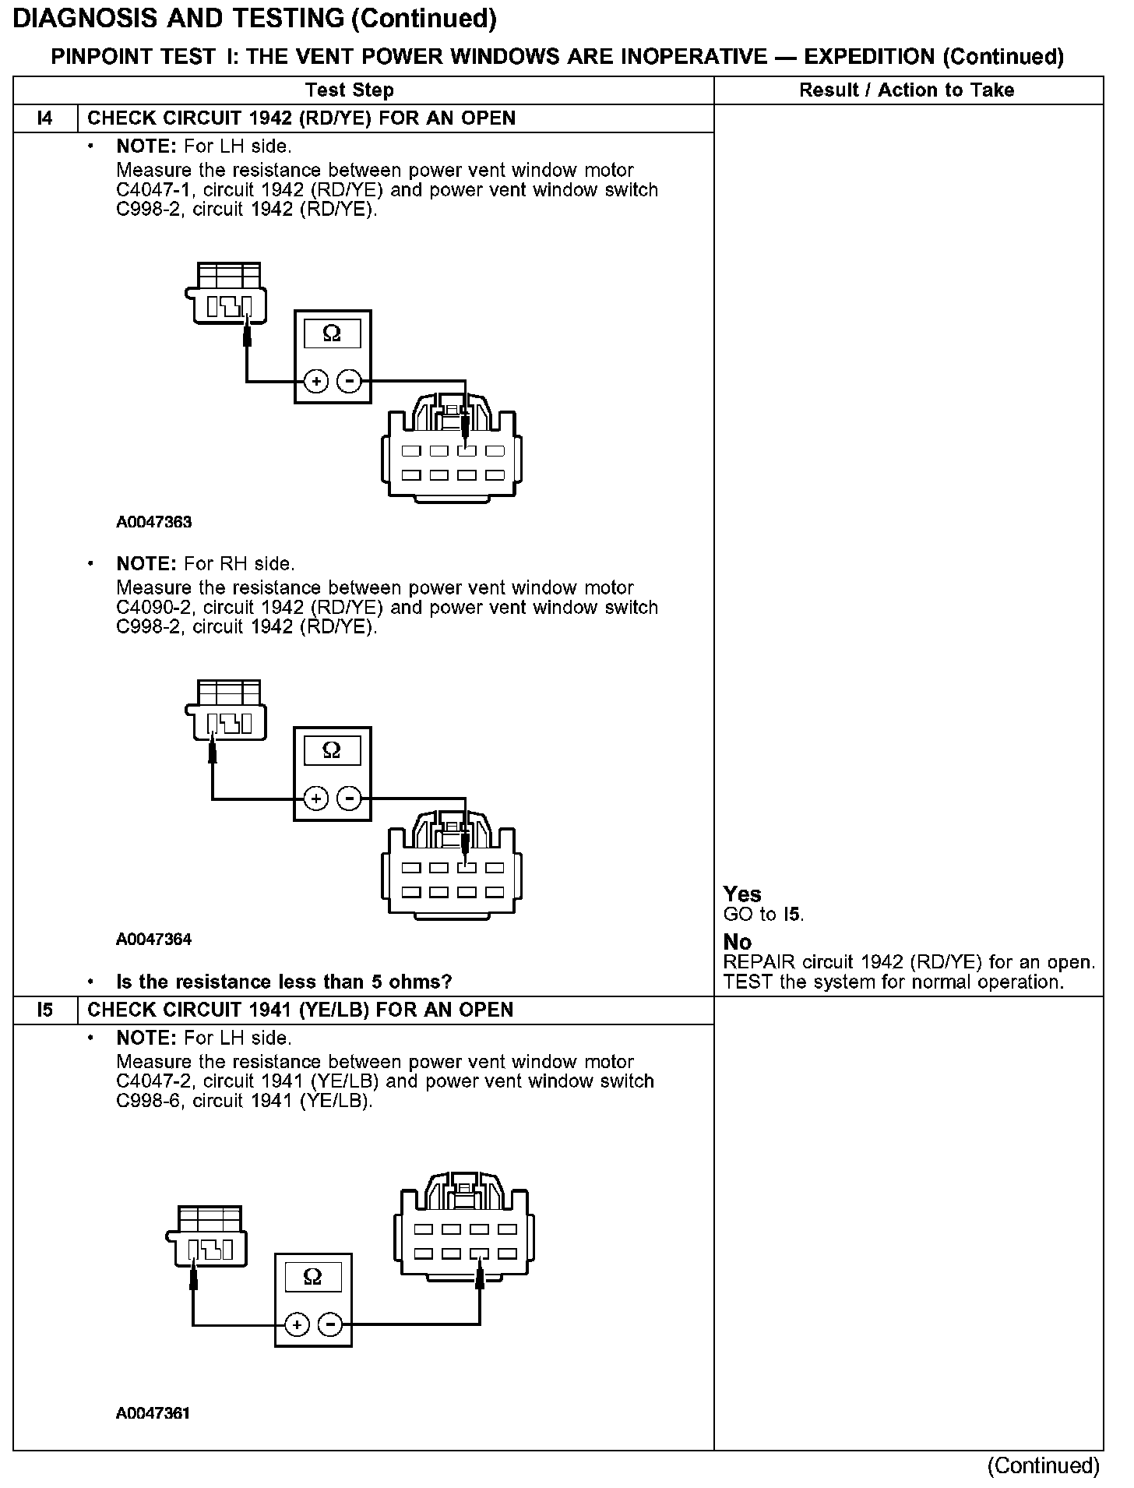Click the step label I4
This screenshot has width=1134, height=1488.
click(45, 118)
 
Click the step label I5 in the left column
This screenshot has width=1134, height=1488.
click(45, 1010)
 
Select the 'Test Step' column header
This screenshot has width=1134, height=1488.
click(350, 90)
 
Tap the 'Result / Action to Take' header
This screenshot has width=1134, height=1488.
click(907, 90)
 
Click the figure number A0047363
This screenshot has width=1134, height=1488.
click(154, 522)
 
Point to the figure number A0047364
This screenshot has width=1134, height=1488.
click(154, 939)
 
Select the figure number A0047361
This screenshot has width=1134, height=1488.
click(153, 1413)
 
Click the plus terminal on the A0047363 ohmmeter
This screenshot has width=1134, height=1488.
click(315, 382)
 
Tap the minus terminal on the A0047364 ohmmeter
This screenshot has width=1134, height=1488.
click(349, 799)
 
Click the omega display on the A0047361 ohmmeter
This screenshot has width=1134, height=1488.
click(312, 1277)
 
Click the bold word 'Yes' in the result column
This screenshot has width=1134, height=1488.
click(741, 894)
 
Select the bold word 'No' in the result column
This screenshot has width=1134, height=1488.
click(737, 943)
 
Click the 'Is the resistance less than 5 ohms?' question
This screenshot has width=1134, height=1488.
click(283, 982)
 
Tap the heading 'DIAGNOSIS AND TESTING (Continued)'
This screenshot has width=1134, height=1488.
click(255, 19)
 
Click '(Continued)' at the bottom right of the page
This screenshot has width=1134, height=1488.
click(1043, 1465)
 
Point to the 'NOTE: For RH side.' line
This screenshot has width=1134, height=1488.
click(205, 563)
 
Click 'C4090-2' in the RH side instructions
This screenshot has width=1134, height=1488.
click(153, 608)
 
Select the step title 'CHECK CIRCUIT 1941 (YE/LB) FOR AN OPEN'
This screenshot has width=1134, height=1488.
click(300, 1010)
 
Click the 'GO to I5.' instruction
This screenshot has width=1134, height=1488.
click(763, 914)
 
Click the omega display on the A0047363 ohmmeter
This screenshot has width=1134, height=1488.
click(332, 334)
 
